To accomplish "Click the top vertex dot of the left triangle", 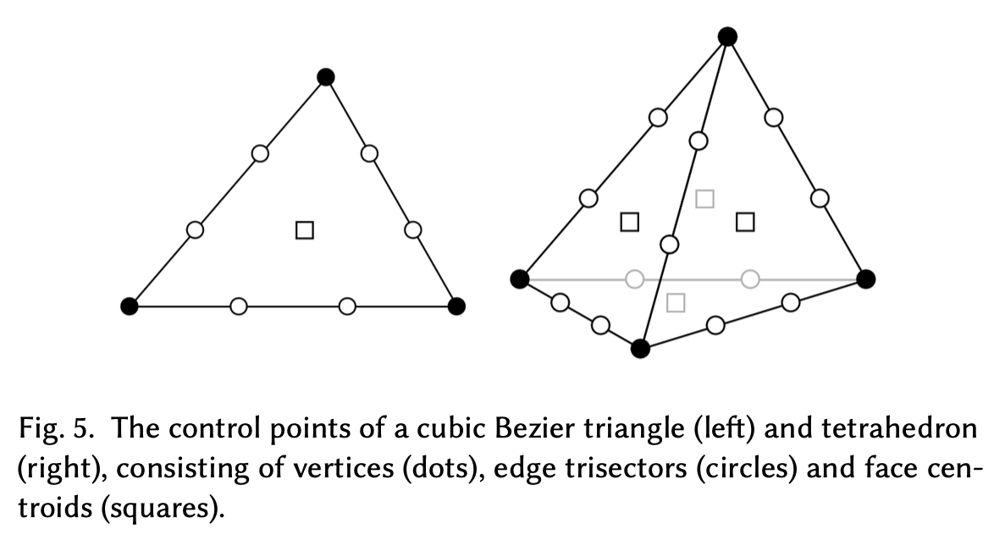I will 326,77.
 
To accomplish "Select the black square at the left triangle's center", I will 305,229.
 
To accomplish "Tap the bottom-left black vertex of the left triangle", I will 129,306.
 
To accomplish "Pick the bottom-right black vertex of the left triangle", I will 456,306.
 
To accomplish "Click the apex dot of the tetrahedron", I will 727,36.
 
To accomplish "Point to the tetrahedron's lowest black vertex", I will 641,348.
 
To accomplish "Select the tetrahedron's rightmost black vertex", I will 865,278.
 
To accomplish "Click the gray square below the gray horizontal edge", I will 676,302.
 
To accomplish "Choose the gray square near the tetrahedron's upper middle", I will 704,199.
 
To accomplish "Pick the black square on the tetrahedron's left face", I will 629,222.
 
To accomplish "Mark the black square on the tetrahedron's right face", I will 745,222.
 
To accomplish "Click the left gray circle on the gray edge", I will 634,278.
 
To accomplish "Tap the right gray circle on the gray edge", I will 749,278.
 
